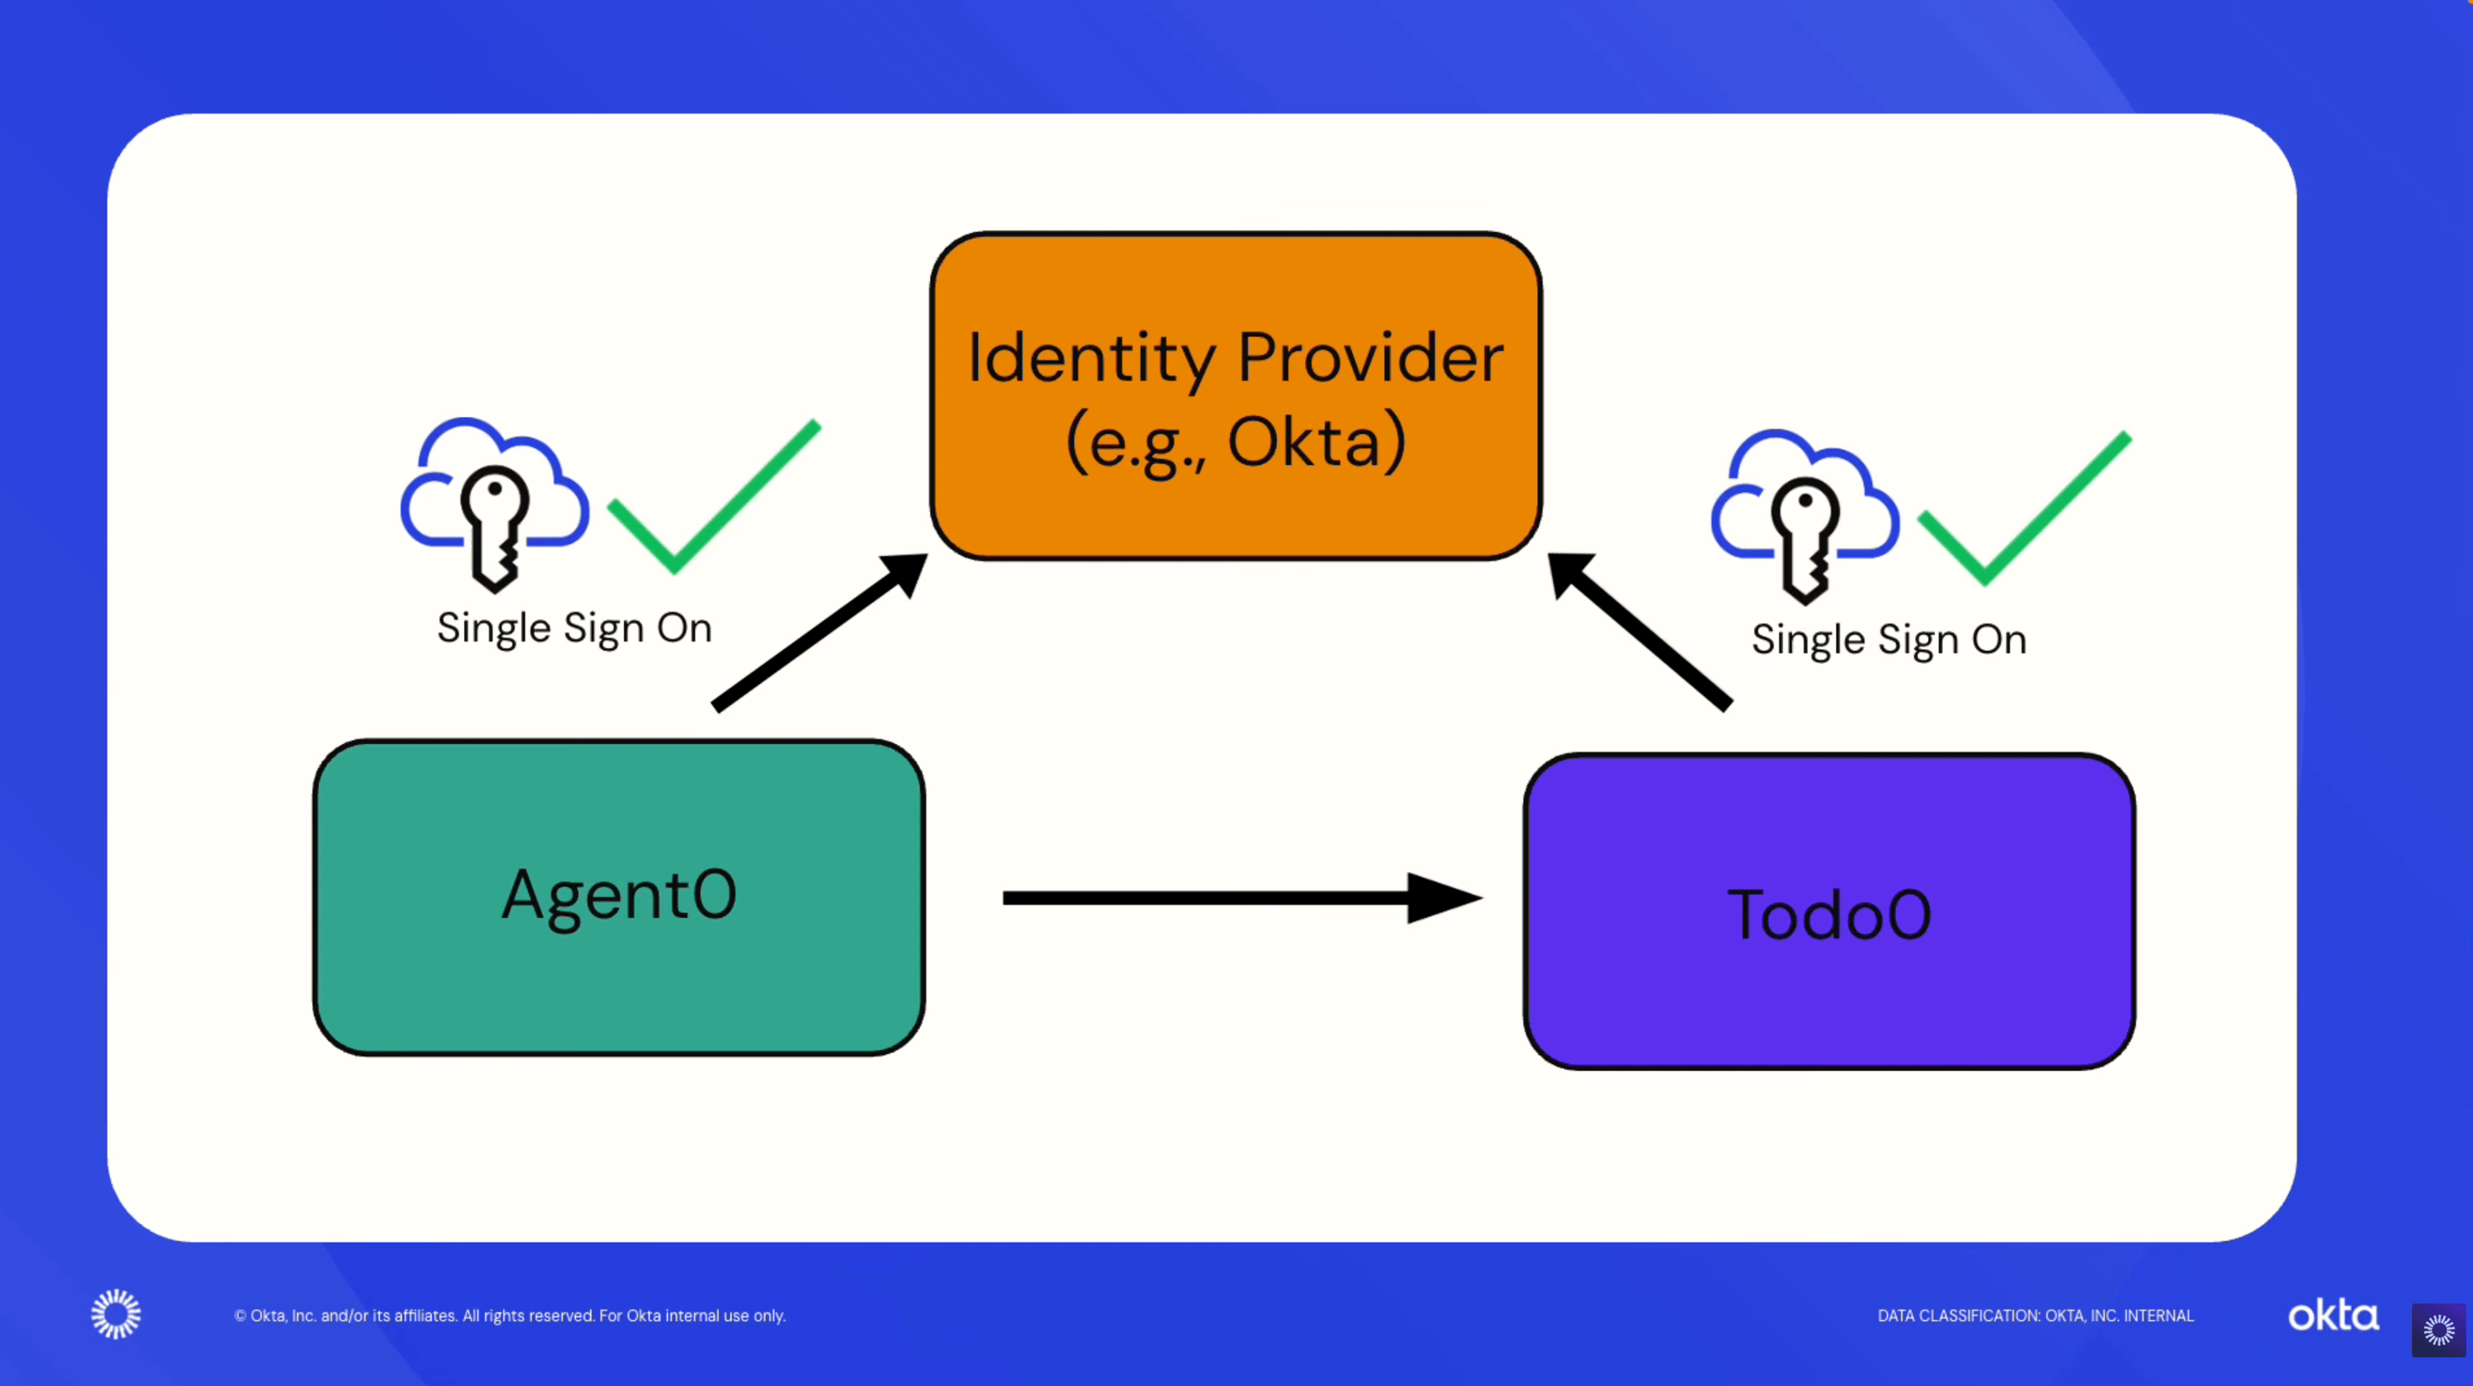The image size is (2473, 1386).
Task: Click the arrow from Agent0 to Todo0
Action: pos(1238,898)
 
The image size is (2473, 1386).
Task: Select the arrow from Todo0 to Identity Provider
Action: pos(1641,634)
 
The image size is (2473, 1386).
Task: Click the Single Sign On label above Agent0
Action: pos(574,629)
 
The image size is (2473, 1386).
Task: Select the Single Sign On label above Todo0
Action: pos(1889,640)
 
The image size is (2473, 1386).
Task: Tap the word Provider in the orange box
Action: pos(1370,358)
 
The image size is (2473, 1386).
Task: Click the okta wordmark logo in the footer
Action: pos(2333,1315)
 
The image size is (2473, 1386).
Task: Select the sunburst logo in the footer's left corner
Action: pos(116,1314)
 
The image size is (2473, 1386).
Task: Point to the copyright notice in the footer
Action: pos(509,1316)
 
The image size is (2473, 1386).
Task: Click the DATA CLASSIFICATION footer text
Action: pos(2035,1316)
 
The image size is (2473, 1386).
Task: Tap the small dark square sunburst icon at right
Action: pos(2438,1330)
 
